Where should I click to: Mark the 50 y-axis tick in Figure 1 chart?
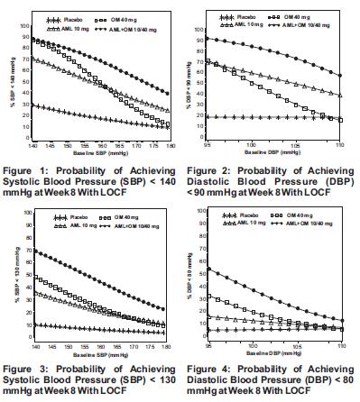[27, 76]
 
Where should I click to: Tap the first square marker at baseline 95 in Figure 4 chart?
[211, 296]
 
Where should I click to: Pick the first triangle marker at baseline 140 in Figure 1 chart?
[33, 60]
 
